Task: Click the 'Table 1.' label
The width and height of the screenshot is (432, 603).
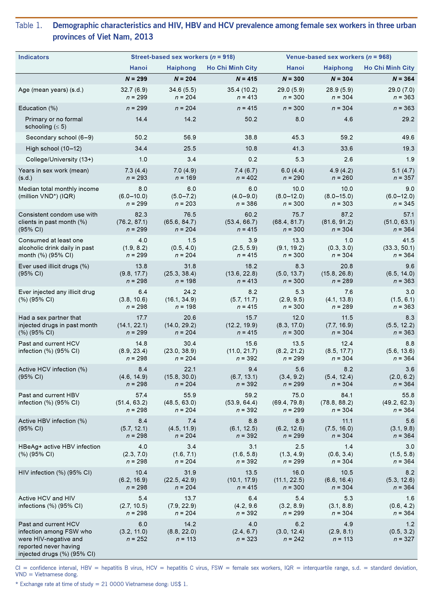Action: tap(29, 26)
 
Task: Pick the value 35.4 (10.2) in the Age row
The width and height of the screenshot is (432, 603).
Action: tap(242, 90)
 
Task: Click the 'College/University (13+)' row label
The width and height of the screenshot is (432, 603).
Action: tap(59, 159)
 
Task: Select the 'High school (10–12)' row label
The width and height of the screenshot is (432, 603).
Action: tap(54, 149)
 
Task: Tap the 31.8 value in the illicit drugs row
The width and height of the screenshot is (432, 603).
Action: tap(190, 266)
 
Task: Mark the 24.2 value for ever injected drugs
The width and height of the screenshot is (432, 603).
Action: tap(190, 292)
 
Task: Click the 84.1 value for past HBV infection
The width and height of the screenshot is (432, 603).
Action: tap(347, 395)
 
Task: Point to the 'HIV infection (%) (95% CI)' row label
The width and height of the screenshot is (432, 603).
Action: tap(55, 472)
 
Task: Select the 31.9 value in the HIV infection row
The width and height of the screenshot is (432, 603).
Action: tap(190, 472)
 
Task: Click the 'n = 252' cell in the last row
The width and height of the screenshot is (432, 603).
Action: tap(137, 539)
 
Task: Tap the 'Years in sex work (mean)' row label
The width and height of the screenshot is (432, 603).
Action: tap(53, 170)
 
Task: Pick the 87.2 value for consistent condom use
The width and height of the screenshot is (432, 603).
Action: tap(347, 214)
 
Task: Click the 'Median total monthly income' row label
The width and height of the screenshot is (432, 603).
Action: tap(59, 189)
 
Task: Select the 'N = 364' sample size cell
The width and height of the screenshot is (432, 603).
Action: tap(403, 79)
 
